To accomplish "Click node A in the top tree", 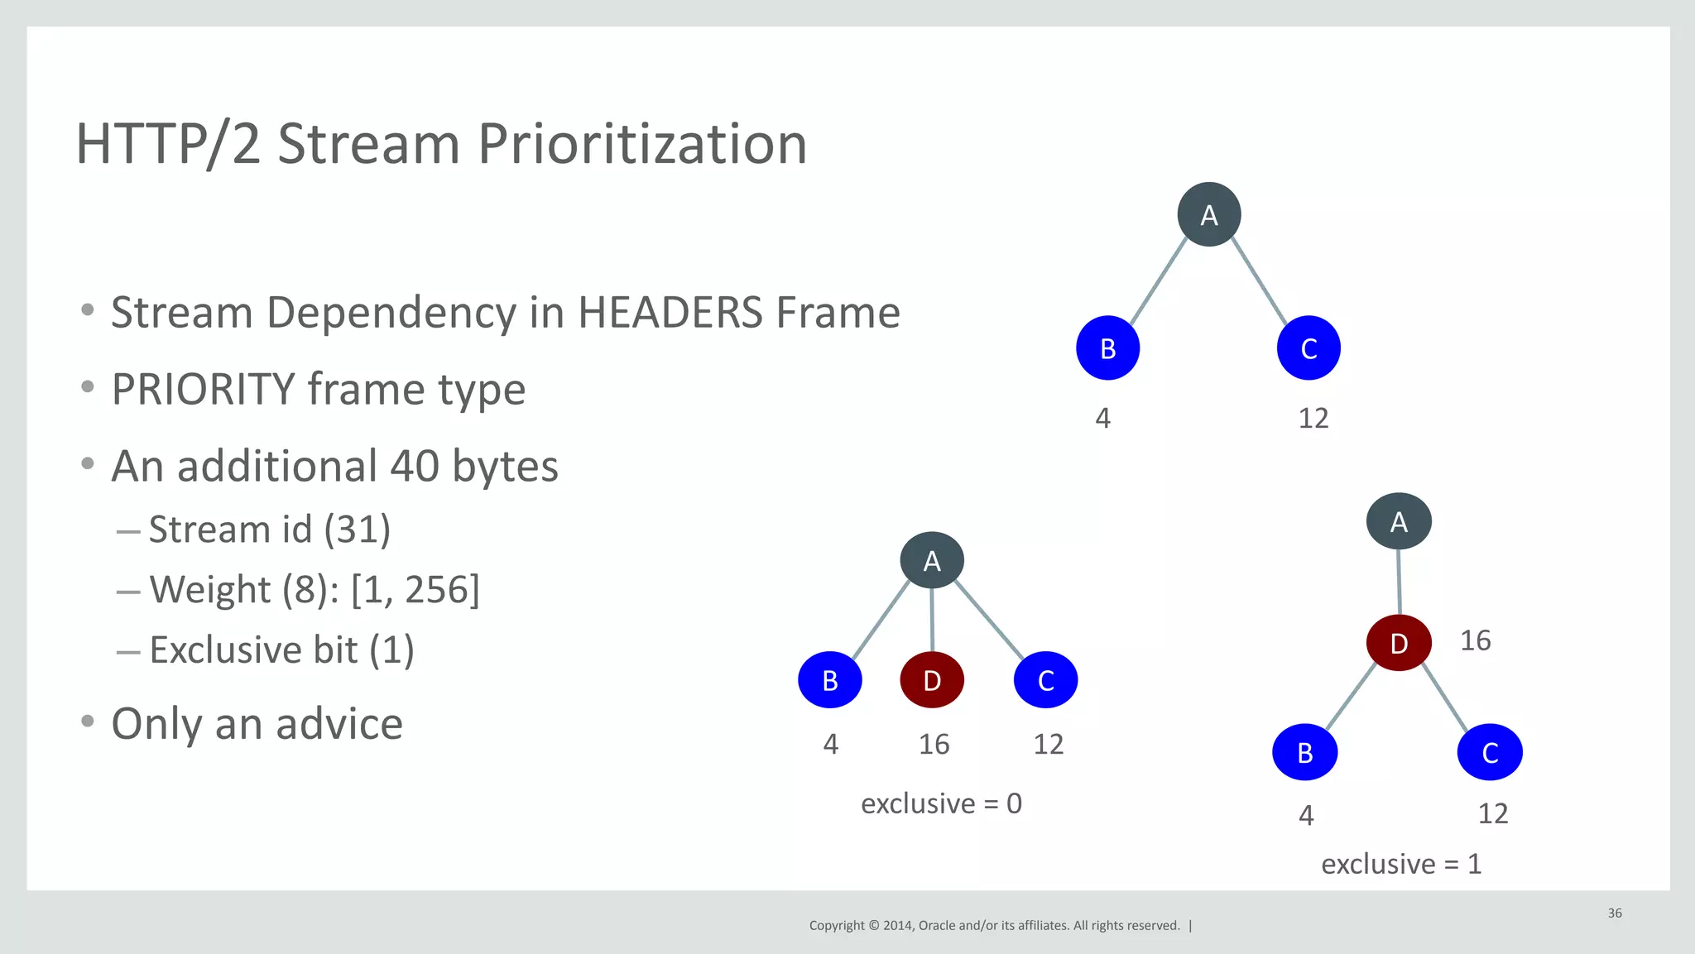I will coord(1208,214).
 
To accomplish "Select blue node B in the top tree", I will coord(1107,348).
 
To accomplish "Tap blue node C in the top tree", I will coord(1308,348).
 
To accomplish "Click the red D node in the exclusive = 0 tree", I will coord(932,680).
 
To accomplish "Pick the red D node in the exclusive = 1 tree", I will coord(1399,643).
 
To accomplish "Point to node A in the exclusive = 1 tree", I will coord(1399,521).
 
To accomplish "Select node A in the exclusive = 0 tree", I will coord(932,561).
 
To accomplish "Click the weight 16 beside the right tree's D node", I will coord(1475,640).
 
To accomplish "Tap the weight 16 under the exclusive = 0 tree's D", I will coord(934,745).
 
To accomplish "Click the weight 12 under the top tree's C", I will coord(1313,419).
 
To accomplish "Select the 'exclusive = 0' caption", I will coord(941,803).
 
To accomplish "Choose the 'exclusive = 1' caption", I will coord(1400,865).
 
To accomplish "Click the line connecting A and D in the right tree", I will coord(1399,582).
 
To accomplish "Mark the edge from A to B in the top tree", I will coord(1158,282).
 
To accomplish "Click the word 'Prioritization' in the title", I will coord(641,144).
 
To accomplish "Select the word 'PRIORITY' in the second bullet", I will coord(203,390).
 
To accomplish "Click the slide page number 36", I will coord(1614,913).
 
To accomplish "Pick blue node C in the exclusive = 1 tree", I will coord(1490,752).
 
